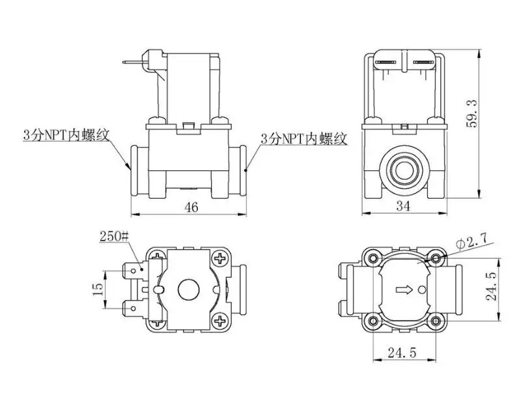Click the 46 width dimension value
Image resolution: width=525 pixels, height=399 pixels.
point(192,207)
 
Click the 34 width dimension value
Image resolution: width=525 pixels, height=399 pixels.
point(403,206)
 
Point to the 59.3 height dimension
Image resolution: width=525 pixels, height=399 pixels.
point(473,114)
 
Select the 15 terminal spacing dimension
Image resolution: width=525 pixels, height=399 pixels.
point(98,289)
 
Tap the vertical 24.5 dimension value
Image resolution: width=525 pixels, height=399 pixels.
point(492,286)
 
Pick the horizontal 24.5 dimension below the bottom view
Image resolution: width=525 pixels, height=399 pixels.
point(402,353)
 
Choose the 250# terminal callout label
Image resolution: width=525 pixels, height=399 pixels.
point(114,237)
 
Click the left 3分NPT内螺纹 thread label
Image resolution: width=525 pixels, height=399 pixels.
point(66,135)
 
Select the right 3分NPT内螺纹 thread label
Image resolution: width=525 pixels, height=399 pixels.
point(304,138)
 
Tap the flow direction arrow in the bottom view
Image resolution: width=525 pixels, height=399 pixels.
point(404,289)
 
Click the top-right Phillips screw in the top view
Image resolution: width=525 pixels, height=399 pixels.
point(220,258)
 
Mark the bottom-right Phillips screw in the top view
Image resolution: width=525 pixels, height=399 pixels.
point(220,321)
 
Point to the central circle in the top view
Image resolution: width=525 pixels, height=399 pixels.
point(188,289)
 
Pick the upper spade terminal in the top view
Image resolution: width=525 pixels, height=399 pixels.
point(134,271)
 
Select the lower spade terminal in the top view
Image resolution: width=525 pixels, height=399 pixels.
point(134,308)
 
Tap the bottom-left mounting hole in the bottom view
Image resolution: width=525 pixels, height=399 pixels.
point(373,321)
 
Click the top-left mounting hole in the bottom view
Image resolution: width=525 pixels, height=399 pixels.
point(373,258)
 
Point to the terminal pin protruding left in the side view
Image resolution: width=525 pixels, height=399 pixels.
point(133,63)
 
